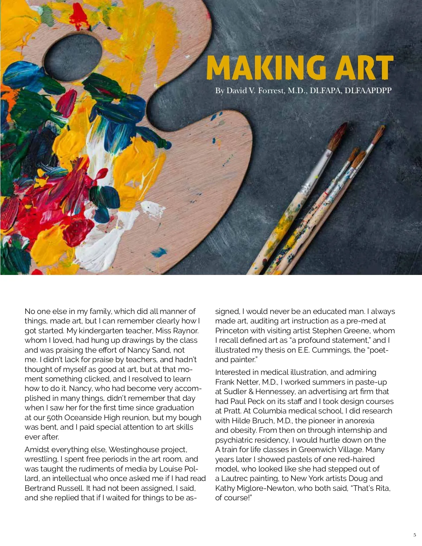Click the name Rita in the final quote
point(381,488)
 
